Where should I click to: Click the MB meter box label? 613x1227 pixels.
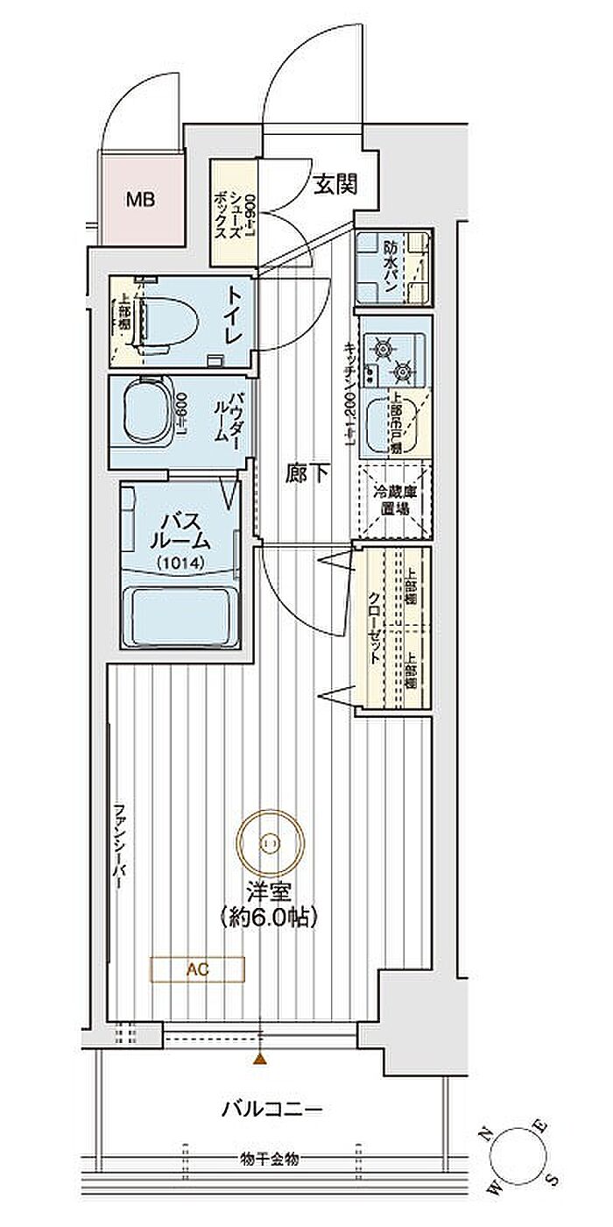(x=139, y=200)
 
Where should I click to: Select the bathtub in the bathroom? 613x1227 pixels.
(x=180, y=617)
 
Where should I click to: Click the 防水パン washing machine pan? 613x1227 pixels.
(x=392, y=266)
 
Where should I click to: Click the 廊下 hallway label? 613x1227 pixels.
(x=307, y=474)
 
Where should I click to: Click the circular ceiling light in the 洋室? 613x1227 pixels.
(x=269, y=842)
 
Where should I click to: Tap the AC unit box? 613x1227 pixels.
(x=198, y=969)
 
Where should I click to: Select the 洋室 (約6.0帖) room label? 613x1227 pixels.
(x=269, y=904)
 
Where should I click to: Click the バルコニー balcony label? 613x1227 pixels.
(x=271, y=1110)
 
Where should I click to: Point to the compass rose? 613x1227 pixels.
(x=518, y=1161)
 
